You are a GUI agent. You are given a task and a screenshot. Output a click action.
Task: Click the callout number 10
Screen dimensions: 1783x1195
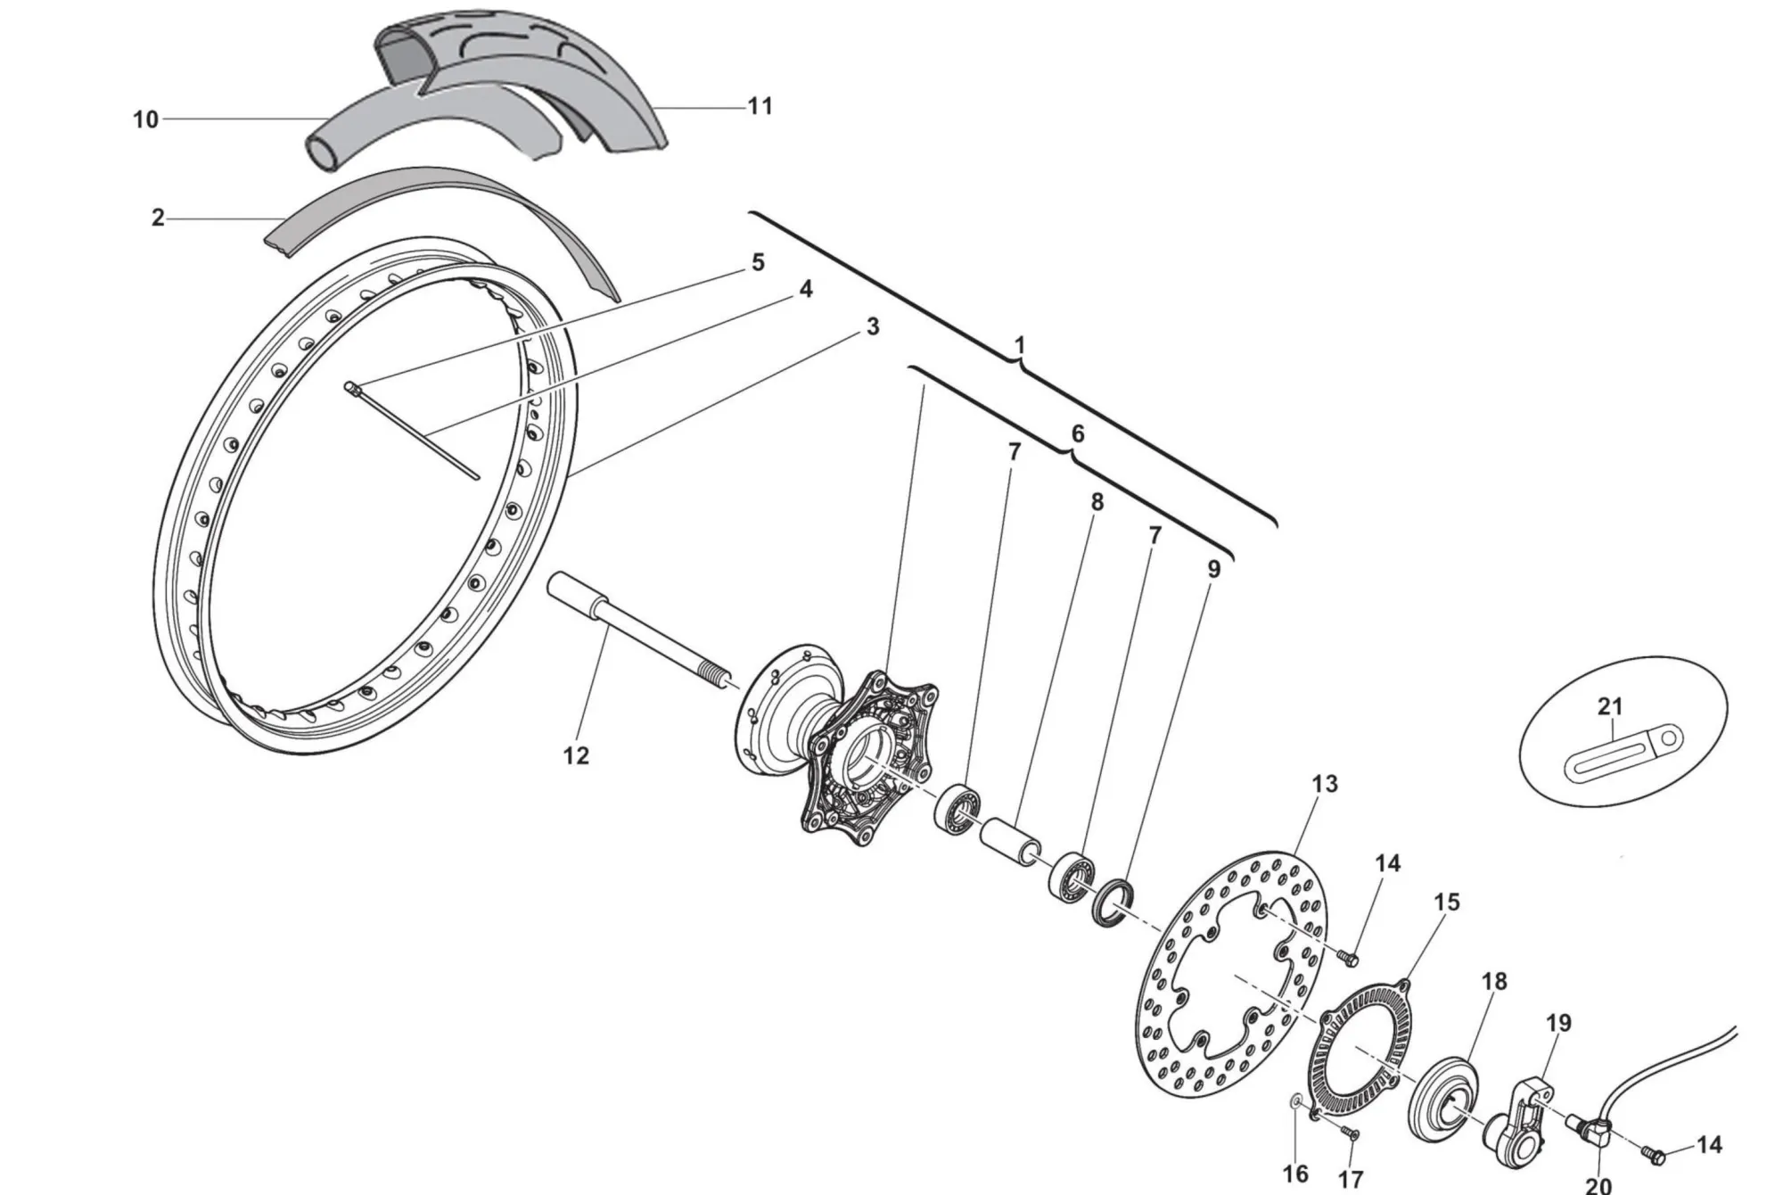click(x=145, y=119)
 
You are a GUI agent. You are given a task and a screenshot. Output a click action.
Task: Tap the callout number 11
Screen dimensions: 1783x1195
click(x=760, y=106)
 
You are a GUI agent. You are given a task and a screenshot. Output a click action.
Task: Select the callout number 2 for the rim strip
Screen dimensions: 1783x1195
click(x=158, y=218)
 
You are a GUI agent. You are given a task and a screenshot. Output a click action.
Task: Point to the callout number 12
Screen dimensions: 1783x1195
click(x=576, y=755)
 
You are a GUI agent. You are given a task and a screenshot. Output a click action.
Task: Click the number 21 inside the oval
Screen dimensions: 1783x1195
click(x=1609, y=706)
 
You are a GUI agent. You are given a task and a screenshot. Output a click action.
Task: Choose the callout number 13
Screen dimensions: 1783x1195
click(x=1325, y=784)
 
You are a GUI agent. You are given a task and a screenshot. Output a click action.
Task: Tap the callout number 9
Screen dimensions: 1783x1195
click(x=1213, y=568)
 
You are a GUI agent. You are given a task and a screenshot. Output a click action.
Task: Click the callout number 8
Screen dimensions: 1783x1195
click(x=1097, y=502)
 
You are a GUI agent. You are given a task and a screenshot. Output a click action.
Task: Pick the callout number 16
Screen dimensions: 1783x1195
click(x=1295, y=1174)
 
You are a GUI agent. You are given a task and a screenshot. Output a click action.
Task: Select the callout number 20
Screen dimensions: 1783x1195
click(x=1598, y=1185)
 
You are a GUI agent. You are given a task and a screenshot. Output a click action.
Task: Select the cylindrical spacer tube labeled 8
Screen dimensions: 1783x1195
click(x=1011, y=840)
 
